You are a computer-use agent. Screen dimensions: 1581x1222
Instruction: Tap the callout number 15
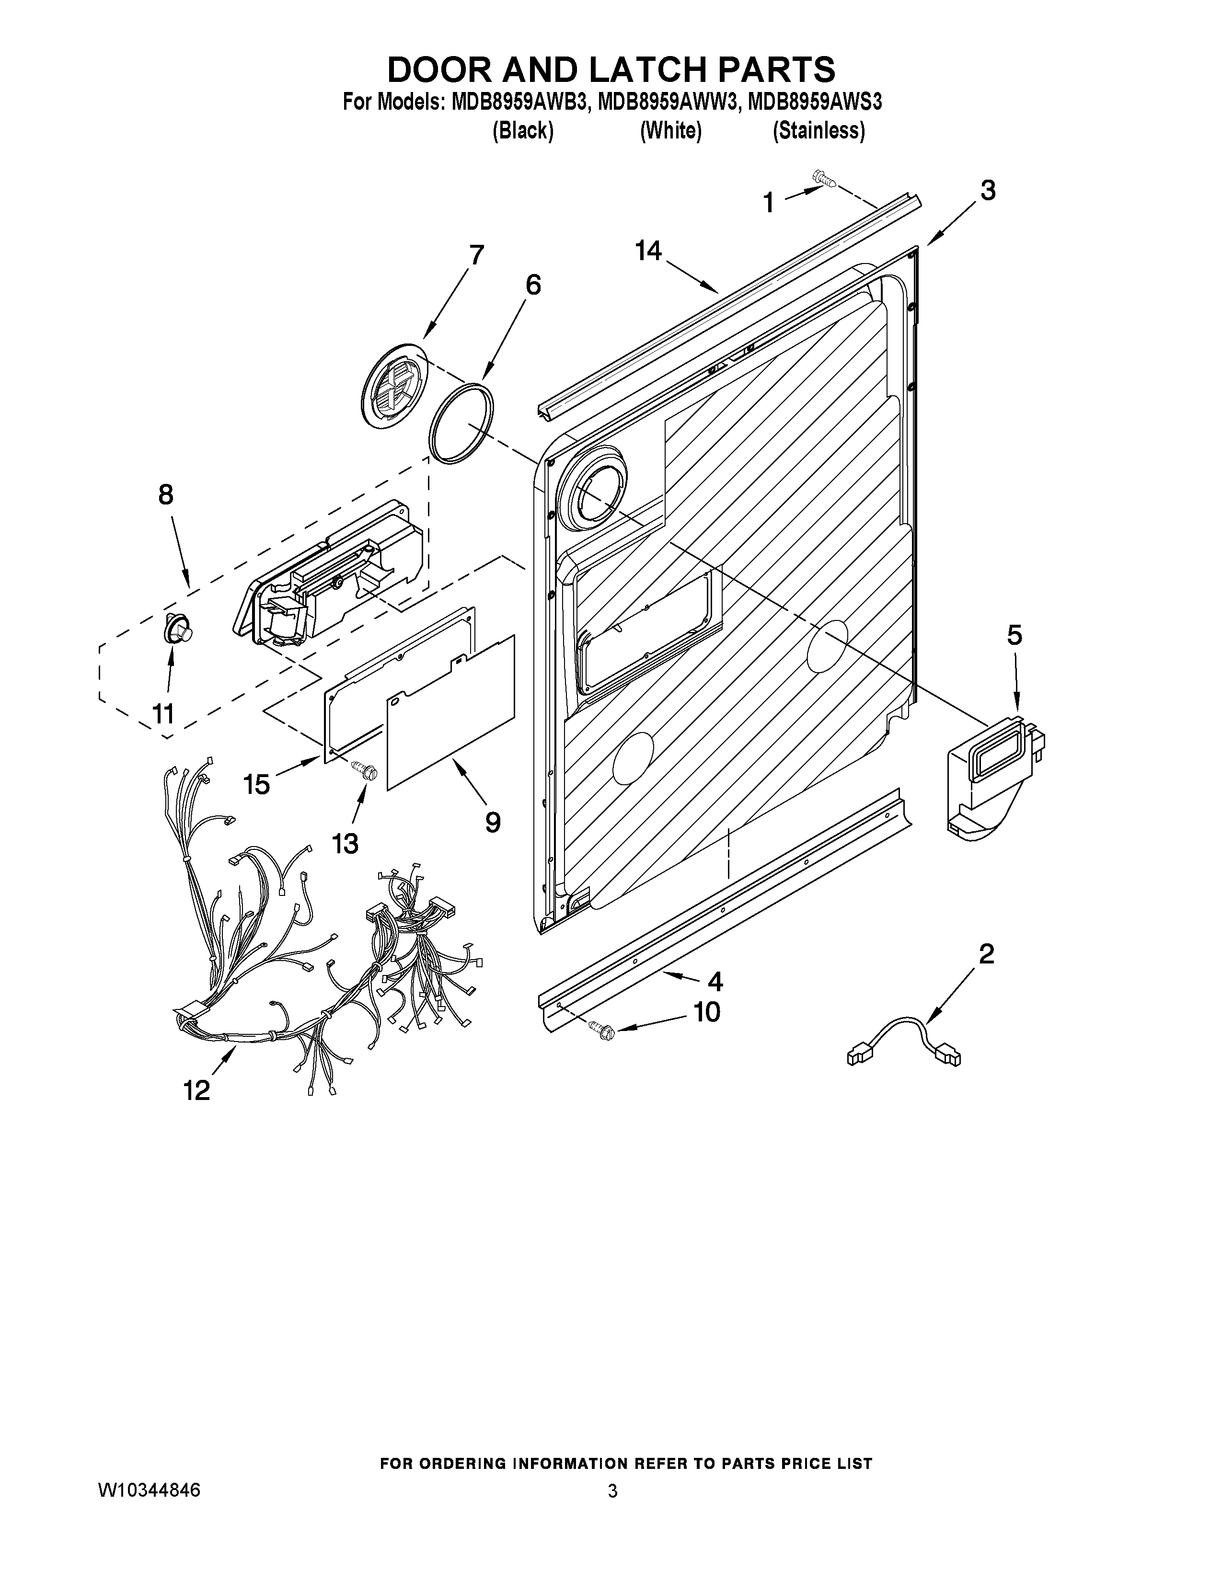257,784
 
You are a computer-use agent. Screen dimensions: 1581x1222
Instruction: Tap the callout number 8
166,495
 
